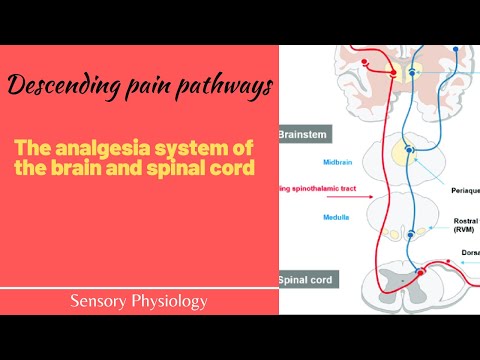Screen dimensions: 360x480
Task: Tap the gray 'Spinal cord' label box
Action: click(306, 280)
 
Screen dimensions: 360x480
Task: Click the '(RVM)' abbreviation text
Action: click(463, 229)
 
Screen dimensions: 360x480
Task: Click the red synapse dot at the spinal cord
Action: click(419, 271)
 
